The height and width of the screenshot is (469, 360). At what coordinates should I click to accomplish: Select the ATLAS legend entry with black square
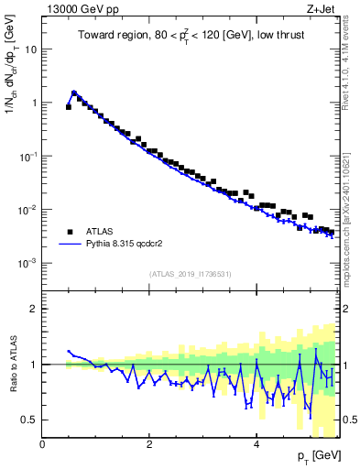coord(92,232)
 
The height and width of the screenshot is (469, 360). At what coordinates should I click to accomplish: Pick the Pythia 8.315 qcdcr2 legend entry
coord(119,245)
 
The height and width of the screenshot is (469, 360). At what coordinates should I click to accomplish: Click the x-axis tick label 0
coord(42,445)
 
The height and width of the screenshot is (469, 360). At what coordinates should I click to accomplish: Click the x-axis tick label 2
coord(149,445)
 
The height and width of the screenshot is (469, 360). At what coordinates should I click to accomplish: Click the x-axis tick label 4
coord(256,445)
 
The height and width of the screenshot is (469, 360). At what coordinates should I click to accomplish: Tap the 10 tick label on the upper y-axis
coord(29,49)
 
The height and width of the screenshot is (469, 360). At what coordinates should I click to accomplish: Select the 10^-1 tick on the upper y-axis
coord(27,156)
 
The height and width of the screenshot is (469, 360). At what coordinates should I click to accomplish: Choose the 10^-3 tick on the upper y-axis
coord(27,263)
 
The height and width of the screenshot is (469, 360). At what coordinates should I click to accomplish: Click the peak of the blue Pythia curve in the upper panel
coord(74,92)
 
